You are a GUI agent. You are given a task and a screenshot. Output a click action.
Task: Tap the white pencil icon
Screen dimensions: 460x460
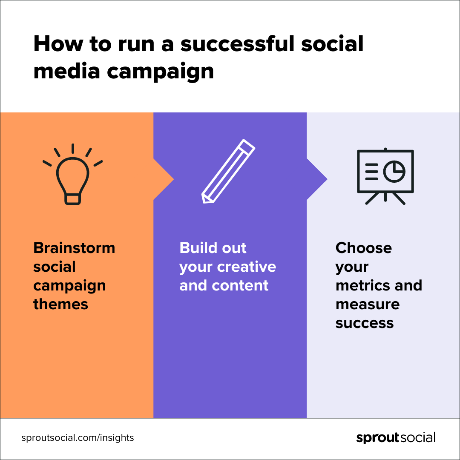(228, 171)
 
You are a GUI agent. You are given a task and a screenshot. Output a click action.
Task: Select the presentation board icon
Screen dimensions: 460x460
(385, 176)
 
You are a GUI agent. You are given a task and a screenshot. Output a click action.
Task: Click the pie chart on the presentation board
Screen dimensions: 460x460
(394, 171)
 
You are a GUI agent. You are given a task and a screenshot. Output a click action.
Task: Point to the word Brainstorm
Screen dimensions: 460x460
(74, 248)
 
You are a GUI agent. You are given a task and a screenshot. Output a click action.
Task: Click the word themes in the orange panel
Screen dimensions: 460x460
(61, 304)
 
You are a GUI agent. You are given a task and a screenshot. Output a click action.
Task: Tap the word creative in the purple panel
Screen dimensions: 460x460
(247, 267)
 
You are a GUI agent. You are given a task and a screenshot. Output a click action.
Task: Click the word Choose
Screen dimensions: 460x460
(363, 248)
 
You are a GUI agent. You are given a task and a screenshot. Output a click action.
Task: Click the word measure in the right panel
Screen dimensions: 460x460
(368, 305)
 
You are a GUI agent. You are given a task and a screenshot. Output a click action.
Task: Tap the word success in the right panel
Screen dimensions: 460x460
(364, 323)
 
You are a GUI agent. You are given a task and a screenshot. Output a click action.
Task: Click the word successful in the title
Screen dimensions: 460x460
(237, 44)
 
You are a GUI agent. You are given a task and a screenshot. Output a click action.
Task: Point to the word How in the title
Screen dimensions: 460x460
(58, 44)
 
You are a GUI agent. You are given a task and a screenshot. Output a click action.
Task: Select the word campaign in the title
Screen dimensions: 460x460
(160, 72)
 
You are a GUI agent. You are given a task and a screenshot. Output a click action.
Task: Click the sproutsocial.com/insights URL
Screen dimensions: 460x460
(78, 438)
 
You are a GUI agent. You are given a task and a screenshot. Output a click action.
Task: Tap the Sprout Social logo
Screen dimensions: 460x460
(396, 438)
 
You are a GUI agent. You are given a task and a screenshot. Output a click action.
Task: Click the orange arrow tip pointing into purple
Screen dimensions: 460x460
(174, 179)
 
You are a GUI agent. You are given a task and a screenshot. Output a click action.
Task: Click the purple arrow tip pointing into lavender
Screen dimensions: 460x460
(327, 179)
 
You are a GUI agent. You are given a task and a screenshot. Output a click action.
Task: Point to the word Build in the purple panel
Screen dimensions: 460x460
(198, 248)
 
